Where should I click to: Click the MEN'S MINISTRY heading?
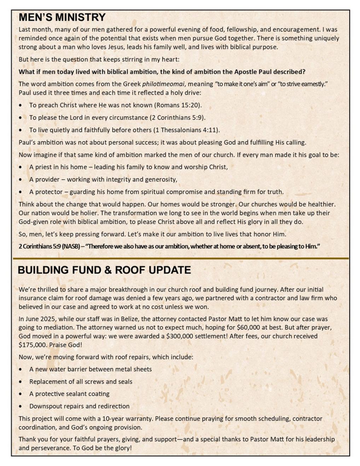pyautogui.click(x=62, y=17)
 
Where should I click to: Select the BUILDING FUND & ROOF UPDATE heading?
pyautogui.click(x=104, y=270)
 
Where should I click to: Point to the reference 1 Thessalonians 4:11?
pyautogui.click(x=186, y=130)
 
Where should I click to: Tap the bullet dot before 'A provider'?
pyautogui.click(x=22, y=180)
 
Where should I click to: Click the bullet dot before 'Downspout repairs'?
pyautogui.click(x=22, y=407)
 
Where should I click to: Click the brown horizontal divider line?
pyautogui.click(x=180, y=259)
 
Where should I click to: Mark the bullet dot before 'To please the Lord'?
pyautogui.click(x=22, y=118)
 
